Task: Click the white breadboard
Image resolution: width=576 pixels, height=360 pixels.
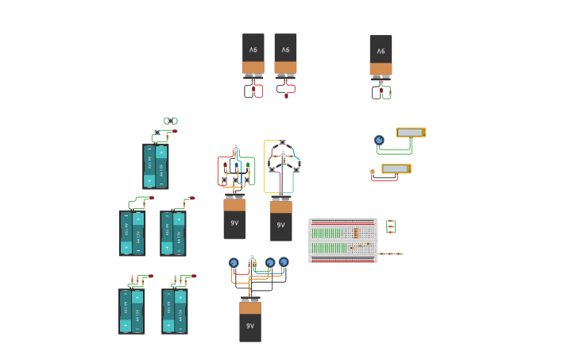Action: tap(342, 240)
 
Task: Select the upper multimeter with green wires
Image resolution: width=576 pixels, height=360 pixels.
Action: tap(411, 133)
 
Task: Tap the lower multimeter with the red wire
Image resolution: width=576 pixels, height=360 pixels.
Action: tap(396, 168)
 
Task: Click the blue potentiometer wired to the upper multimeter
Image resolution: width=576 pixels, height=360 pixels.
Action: tap(379, 141)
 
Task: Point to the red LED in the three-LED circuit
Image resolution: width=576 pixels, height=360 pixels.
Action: tap(225, 166)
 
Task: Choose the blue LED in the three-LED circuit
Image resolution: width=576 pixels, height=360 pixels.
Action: tap(236, 166)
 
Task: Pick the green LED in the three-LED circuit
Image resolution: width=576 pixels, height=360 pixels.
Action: tap(248, 166)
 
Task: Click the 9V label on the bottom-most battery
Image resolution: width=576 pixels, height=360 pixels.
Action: tap(250, 326)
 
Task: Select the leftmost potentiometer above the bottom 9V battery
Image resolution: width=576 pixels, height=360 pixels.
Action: tap(234, 263)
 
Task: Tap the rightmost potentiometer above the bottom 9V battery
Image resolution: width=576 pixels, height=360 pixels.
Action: tap(284, 261)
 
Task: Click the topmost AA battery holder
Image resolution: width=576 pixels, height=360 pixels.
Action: tap(156, 166)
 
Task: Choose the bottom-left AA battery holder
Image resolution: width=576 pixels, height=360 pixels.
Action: tap(131, 311)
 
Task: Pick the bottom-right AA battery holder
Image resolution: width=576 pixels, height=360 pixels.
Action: tap(175, 311)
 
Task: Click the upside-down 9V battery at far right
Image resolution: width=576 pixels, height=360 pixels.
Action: tap(381, 54)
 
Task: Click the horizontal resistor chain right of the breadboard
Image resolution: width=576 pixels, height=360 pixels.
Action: tap(390, 254)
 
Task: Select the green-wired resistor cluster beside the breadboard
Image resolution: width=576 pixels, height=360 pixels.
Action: tap(390, 226)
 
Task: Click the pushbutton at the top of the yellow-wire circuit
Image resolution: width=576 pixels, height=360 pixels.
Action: tap(282, 142)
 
